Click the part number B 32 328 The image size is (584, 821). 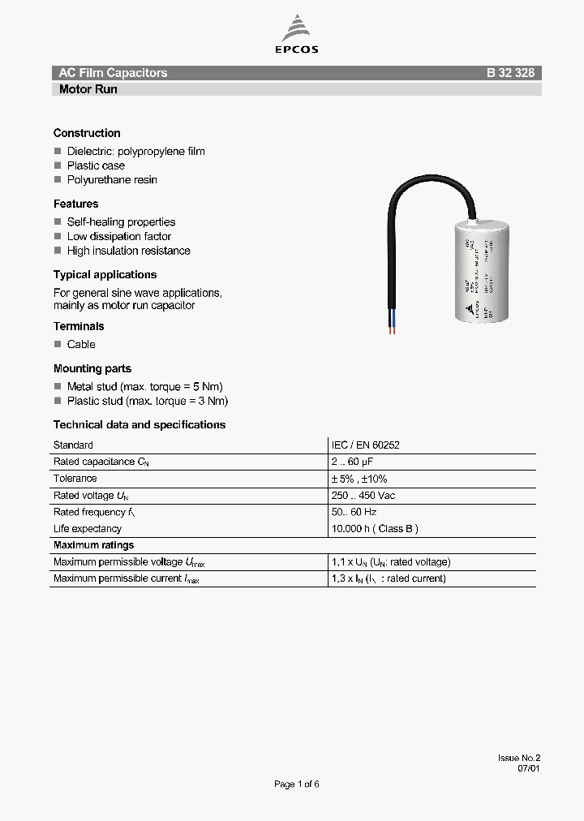510,73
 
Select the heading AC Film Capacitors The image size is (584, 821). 113,73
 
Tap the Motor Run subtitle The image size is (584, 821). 88,89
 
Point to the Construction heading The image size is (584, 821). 87,133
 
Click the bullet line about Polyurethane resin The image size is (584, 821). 112,180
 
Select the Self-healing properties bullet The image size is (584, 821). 121,222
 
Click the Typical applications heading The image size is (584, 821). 105,275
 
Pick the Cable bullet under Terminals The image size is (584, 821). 81,345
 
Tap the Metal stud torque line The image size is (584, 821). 144,387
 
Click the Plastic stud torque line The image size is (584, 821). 147,402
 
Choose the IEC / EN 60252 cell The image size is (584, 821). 365,445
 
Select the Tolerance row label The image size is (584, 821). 75,479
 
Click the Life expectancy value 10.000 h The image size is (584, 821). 375,529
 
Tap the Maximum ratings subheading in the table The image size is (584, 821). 93,545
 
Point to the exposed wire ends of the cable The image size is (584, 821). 393,326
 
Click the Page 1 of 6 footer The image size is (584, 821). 297,784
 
